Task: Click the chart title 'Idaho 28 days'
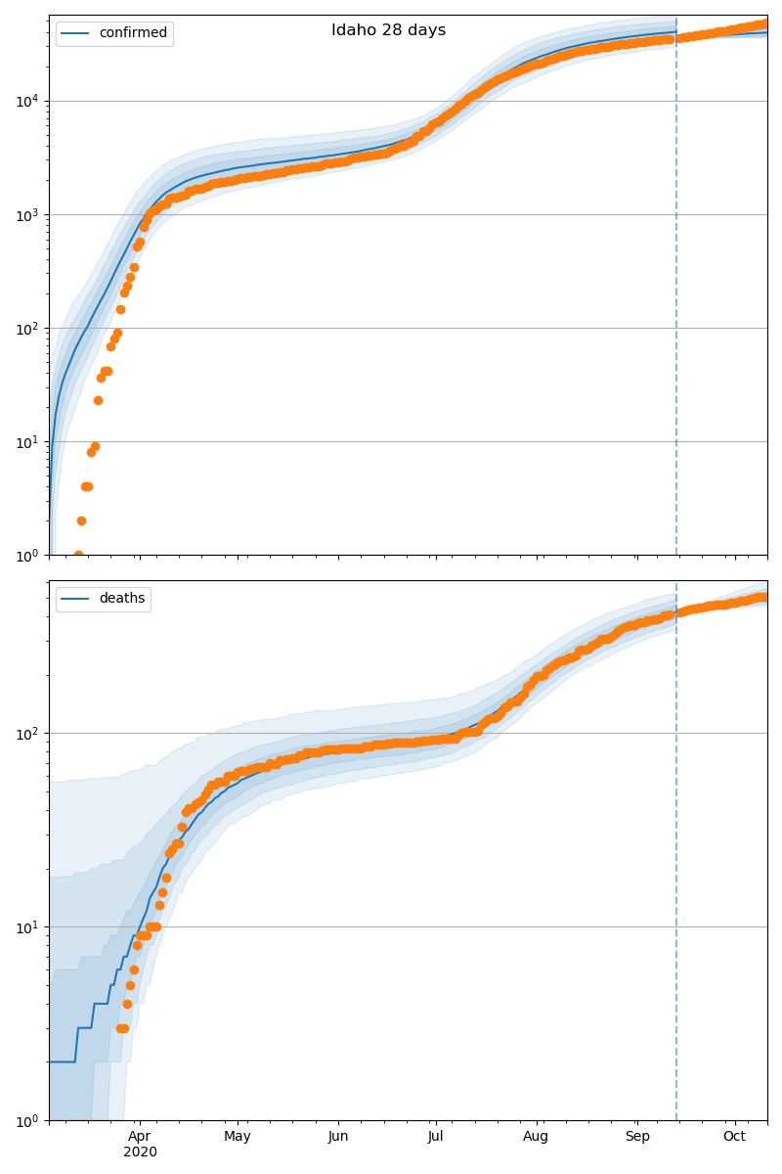388,30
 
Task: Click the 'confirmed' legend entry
132,33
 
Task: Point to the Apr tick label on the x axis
139,1136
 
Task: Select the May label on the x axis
238,1136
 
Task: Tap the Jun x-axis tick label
338,1136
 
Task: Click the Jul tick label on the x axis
436,1136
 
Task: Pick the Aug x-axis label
536,1136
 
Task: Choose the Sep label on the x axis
637,1136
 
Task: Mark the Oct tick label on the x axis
734,1136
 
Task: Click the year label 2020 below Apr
139,1152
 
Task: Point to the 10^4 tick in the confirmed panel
25,101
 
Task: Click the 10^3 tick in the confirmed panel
25,214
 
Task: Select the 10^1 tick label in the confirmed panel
25,441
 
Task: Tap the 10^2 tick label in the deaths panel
25,733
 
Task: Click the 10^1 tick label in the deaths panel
25,926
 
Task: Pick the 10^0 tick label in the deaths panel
25,1119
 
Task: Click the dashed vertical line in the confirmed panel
676,293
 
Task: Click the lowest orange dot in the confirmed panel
78,554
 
